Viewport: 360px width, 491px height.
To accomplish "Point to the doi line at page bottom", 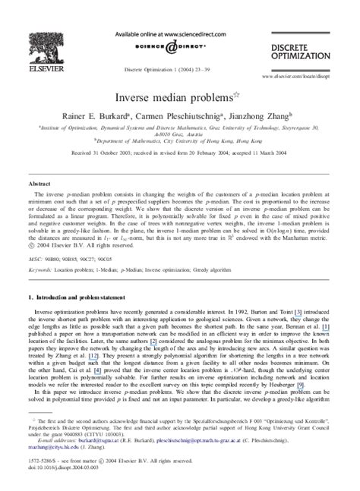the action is [61, 478].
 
